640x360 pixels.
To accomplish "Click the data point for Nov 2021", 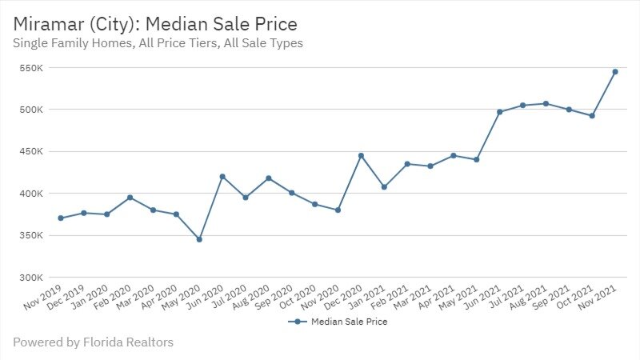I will [615, 72].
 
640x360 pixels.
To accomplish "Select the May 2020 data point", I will [199, 239].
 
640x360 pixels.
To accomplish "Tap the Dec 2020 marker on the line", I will [361, 156].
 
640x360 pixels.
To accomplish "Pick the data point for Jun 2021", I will [499, 112].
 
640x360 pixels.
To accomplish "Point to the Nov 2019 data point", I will [61, 218].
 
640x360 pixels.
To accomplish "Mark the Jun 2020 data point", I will [222, 176].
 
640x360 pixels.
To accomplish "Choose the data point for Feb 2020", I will [130, 198].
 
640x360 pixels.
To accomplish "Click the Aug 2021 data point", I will [546, 103].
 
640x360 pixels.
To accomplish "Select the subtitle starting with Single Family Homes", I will [158, 44].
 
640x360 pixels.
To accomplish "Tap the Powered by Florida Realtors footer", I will [93, 342].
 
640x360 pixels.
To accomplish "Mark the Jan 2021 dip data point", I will [384, 187].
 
